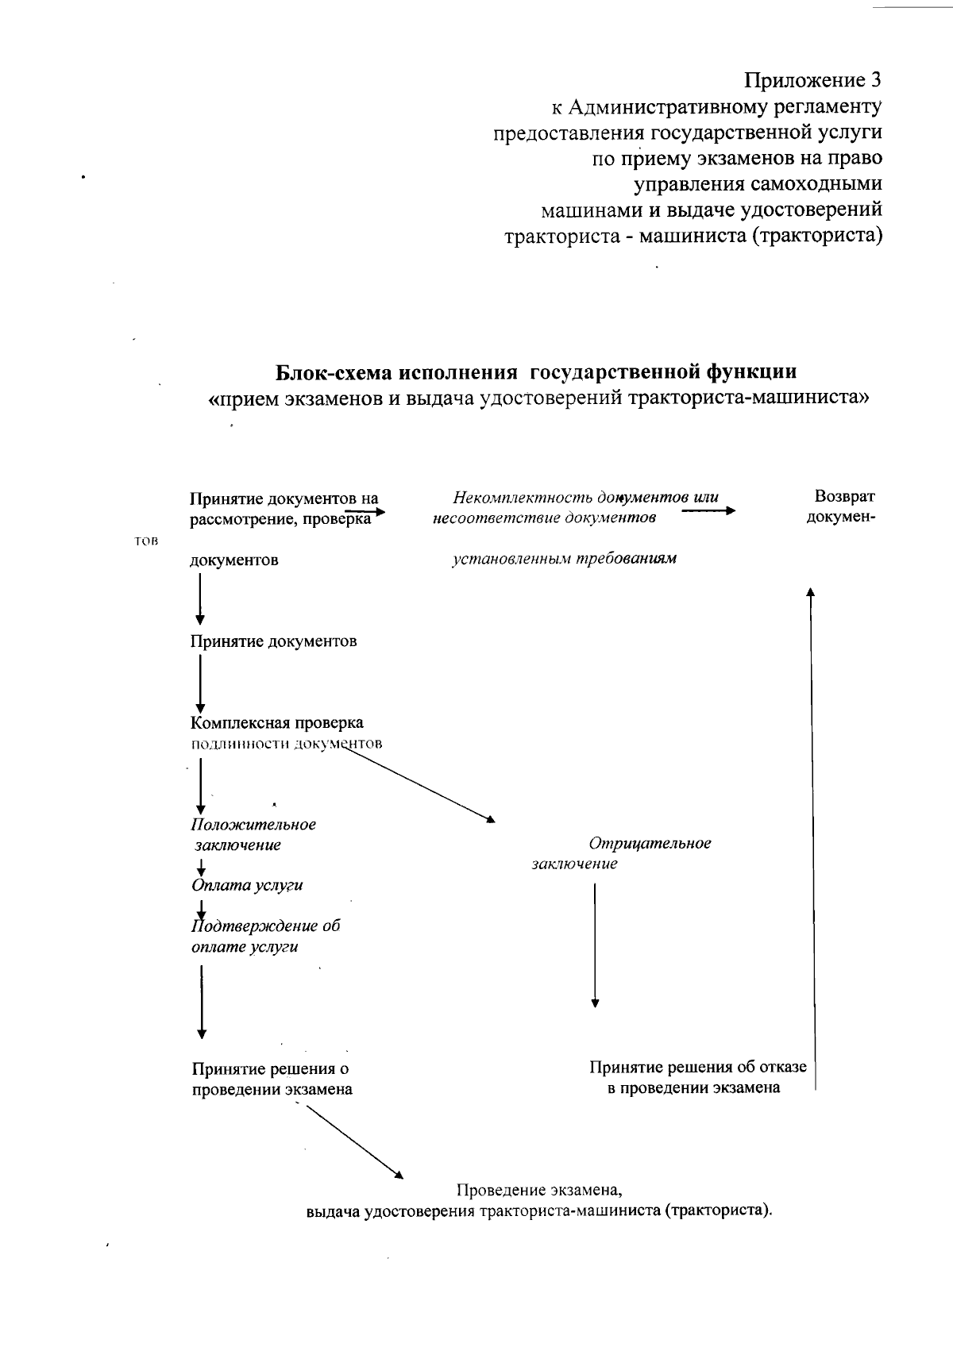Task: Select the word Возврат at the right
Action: pyautogui.click(x=843, y=497)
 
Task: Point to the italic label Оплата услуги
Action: pyautogui.click(x=247, y=885)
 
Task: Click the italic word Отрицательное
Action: pyautogui.click(x=650, y=843)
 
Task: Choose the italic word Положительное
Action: pyautogui.click(x=253, y=824)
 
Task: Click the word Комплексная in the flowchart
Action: pyautogui.click(x=239, y=723)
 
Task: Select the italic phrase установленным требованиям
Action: pyautogui.click(x=564, y=559)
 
